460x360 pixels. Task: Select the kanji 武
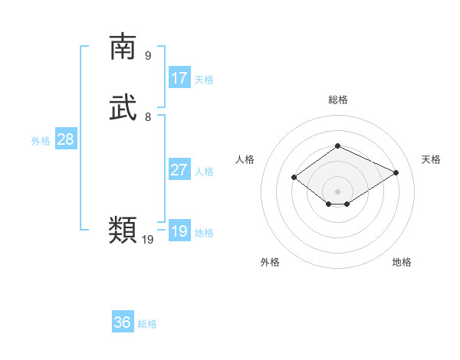pyautogui.click(x=123, y=109)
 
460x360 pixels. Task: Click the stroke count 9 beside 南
pyautogui.click(x=148, y=55)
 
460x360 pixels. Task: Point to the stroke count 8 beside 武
pyautogui.click(x=148, y=117)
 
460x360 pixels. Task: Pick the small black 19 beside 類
pyautogui.click(x=148, y=240)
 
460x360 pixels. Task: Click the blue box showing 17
pyautogui.click(x=179, y=78)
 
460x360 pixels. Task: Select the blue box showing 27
pyautogui.click(x=179, y=170)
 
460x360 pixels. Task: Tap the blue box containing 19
pyautogui.click(x=179, y=231)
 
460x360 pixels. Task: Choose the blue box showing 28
pyautogui.click(x=65, y=139)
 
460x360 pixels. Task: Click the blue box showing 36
pyautogui.click(x=123, y=322)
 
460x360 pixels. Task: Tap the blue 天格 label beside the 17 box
pyautogui.click(x=204, y=80)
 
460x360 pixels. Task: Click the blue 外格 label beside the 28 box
pyautogui.click(x=41, y=141)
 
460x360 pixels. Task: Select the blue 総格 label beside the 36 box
pyautogui.click(x=148, y=324)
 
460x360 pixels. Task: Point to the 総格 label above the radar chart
pyautogui.click(x=337, y=100)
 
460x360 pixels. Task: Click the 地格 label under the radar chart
pyautogui.click(x=402, y=262)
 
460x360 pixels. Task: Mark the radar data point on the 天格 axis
pyautogui.click(x=396, y=172)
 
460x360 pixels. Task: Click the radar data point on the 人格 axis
pyautogui.click(x=294, y=178)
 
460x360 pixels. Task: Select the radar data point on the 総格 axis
pyautogui.click(x=337, y=146)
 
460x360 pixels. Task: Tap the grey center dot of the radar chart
pyautogui.click(x=337, y=191)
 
